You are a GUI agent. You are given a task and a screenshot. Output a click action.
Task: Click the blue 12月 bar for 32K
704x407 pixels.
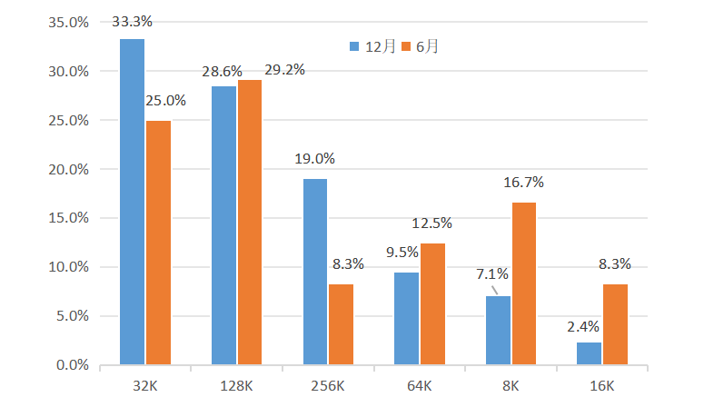[133, 202]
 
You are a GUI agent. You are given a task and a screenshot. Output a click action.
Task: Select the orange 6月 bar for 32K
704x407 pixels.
[158, 243]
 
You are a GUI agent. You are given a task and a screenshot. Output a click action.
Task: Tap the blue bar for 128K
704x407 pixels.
[223, 225]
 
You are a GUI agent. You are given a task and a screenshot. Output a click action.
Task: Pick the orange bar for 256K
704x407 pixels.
[341, 324]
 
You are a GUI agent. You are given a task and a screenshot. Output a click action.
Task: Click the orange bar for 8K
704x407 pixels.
[523, 283]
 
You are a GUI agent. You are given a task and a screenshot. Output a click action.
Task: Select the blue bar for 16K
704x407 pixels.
[589, 353]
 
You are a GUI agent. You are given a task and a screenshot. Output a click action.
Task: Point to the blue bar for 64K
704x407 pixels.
[406, 319]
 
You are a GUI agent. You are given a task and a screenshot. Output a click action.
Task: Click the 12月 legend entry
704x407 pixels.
[372, 46]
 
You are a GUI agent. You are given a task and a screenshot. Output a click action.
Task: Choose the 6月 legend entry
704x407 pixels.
[422, 46]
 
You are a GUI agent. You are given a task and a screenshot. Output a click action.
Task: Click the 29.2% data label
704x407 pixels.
[284, 69]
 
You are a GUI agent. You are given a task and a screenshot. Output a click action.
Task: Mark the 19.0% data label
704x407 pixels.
[314, 158]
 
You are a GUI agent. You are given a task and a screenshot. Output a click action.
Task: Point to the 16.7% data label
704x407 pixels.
[523, 182]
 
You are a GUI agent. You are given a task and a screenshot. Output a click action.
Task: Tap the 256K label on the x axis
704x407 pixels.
[328, 386]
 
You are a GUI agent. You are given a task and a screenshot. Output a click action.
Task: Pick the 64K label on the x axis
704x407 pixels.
[419, 386]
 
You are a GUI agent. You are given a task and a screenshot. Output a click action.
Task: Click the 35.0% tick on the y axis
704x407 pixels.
[69, 22]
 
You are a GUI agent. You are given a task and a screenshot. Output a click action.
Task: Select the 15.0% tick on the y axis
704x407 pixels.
[69, 218]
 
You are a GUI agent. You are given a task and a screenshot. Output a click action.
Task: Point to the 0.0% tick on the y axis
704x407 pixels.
[73, 365]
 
